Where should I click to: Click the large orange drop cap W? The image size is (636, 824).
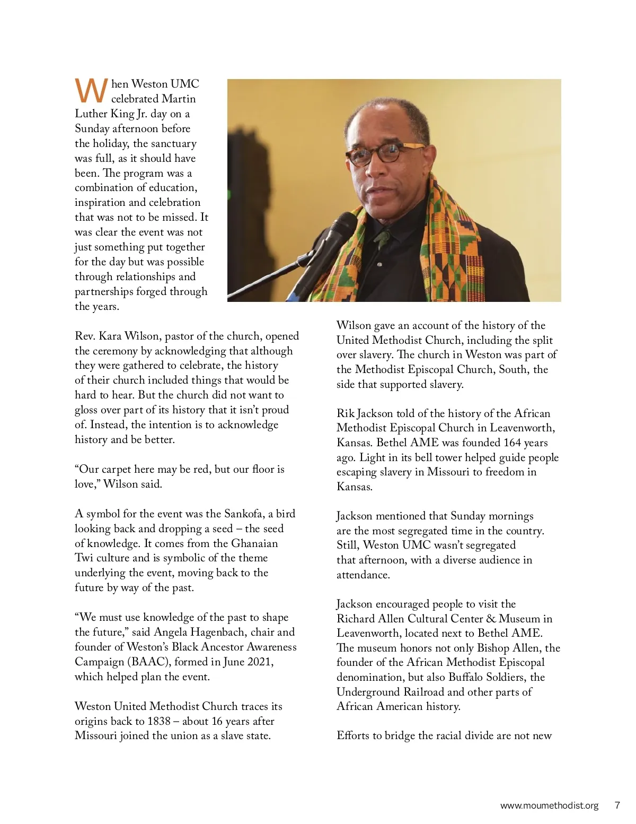tap(91, 91)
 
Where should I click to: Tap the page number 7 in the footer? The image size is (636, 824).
tap(617, 805)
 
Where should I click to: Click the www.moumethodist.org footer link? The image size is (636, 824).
tap(549, 805)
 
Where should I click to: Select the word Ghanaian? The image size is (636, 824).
tap(254, 543)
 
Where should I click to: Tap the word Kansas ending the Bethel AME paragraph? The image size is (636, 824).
tap(354, 487)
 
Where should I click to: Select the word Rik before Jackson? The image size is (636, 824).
tap(345, 413)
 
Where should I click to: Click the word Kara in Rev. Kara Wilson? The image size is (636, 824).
tap(110, 336)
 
